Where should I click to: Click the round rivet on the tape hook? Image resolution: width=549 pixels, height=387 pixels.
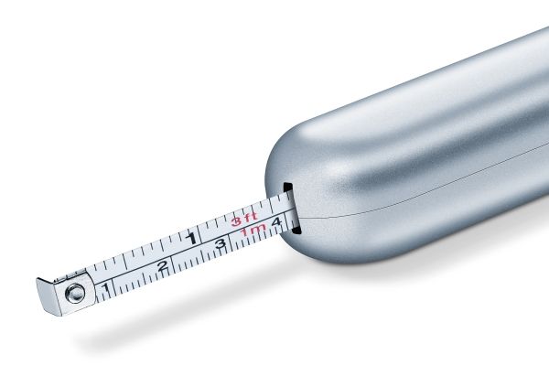tap(75, 293)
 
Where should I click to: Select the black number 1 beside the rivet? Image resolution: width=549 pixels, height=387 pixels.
tap(106, 289)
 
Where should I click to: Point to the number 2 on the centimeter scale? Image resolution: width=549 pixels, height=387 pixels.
tap(163, 266)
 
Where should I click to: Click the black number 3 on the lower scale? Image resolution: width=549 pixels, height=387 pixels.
tap(221, 243)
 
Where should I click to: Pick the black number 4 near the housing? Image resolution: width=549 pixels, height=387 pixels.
tap(276, 221)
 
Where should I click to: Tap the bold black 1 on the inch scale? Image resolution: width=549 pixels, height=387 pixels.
tap(191, 239)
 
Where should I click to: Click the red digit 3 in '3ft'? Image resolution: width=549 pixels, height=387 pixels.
tap(237, 221)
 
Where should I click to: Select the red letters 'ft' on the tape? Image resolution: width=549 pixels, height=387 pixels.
tap(251, 217)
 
